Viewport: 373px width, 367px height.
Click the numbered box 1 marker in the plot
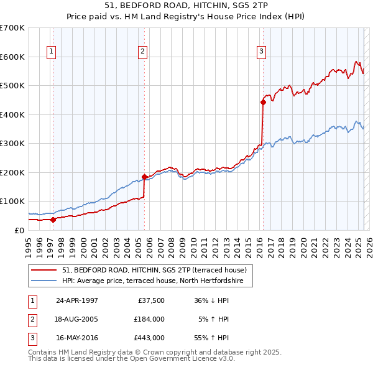coord(51,52)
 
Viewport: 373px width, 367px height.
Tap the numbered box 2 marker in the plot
coord(143,52)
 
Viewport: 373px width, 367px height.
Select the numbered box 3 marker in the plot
coord(261,52)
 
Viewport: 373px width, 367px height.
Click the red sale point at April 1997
coord(53,219)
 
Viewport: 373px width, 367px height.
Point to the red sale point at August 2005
coord(144,177)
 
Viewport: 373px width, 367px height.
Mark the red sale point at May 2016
coord(263,103)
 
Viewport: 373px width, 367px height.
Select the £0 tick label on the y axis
coord(19,230)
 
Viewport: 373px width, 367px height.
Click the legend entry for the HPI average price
coord(157,281)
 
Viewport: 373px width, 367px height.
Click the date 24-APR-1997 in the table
coord(77,300)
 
